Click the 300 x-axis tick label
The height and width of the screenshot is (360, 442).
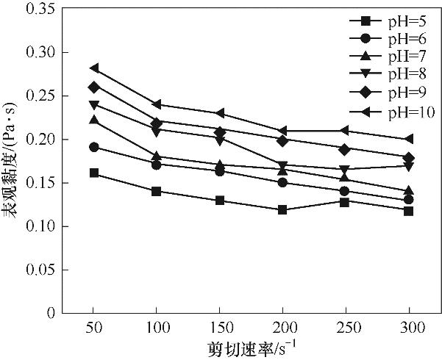pos(410,325)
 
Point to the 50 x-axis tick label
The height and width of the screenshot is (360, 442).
pos(93,325)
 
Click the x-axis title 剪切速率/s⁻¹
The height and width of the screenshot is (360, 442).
pos(252,345)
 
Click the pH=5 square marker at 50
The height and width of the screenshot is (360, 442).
pos(93,173)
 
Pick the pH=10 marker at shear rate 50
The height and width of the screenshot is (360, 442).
pos(93,68)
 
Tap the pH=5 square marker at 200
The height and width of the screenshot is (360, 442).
pos(283,209)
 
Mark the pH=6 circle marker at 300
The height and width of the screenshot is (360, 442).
pos(410,200)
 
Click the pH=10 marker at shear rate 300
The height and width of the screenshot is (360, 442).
pos(410,139)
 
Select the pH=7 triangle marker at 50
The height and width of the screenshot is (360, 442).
pos(93,120)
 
